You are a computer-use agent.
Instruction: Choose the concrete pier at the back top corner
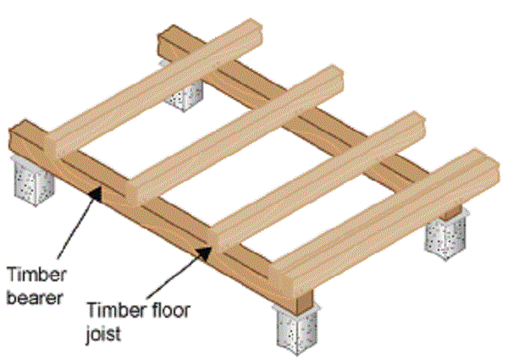[183, 93]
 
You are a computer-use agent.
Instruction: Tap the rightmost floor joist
[381, 203]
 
